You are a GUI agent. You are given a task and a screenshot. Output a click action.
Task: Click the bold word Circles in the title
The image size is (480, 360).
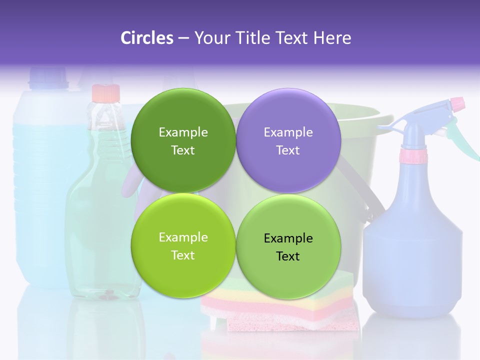pos(146,38)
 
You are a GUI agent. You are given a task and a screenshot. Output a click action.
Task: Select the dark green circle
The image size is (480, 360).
pos(183,140)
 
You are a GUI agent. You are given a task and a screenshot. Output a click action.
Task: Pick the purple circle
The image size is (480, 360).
pos(288,140)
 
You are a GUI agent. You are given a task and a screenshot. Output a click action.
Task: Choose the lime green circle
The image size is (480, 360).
pos(183,245)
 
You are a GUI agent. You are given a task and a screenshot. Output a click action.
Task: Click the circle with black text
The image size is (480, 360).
pos(288,246)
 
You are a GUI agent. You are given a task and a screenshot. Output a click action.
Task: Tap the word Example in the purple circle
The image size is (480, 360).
pos(288,132)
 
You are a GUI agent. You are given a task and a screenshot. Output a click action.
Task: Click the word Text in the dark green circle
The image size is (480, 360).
pos(183,150)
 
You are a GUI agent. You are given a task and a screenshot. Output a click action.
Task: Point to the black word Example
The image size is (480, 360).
pos(288,238)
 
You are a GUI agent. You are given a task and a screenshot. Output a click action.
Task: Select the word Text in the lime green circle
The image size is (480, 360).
pos(183,255)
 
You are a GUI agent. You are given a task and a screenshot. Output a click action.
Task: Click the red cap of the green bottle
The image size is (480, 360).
pos(106,92)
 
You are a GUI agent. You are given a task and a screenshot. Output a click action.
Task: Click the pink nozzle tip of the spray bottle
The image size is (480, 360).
pos(457,104)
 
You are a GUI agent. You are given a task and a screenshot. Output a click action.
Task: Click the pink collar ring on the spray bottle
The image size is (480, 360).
pos(413,156)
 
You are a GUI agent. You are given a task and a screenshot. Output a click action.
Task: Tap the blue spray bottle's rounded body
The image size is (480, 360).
pos(413,250)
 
